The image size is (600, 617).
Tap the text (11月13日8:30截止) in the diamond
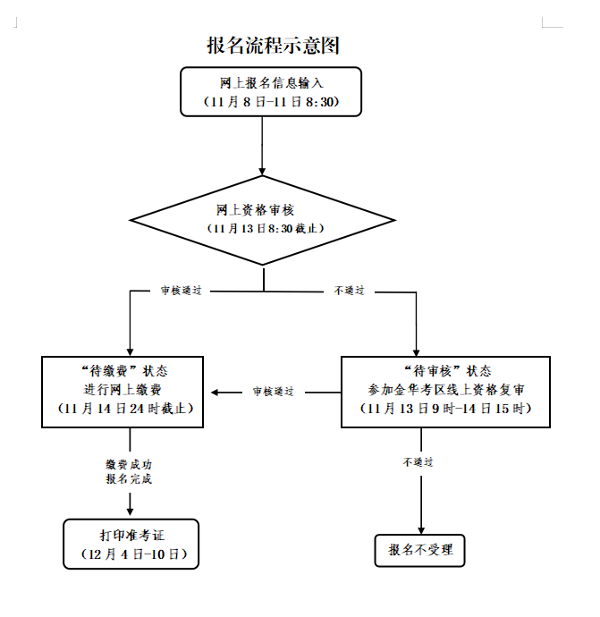tap(265, 229)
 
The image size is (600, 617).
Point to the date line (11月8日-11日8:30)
tap(271, 102)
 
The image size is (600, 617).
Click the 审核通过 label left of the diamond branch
tap(181, 292)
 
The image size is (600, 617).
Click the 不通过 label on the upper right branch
tap(348, 292)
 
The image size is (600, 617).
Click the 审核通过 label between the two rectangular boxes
tap(273, 393)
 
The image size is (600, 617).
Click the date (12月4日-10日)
tap(131, 555)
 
